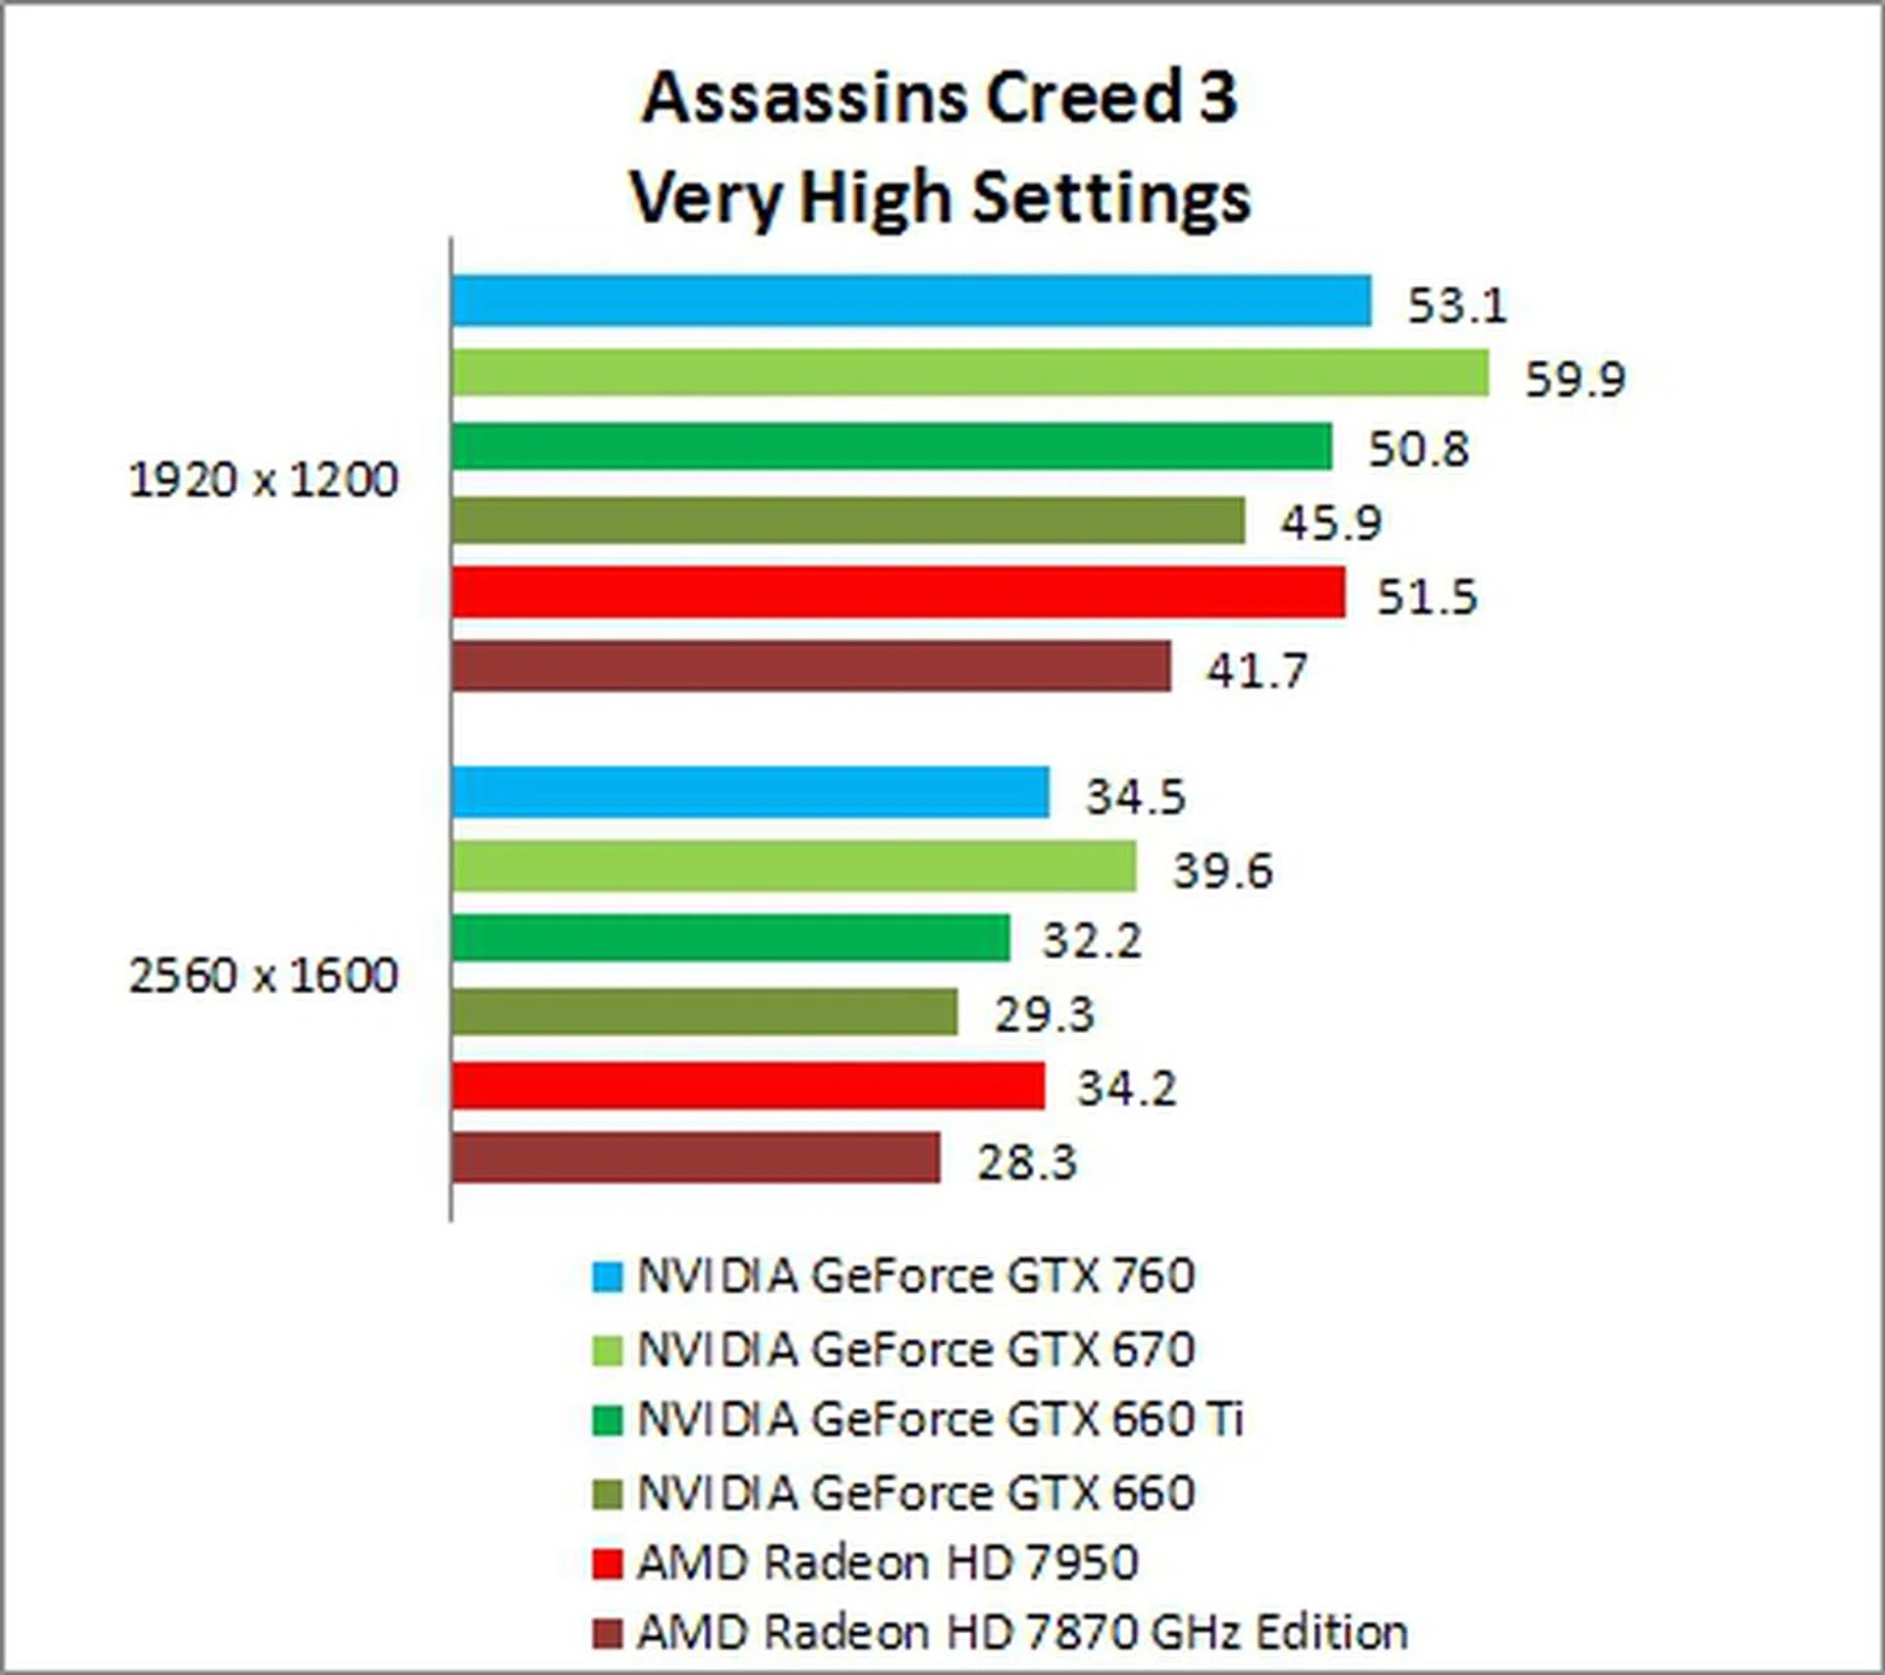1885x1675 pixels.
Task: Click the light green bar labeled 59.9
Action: [970, 374]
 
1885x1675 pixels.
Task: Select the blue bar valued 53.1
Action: [911, 300]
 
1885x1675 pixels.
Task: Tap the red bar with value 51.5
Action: [898, 593]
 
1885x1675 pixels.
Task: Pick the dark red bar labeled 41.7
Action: [811, 668]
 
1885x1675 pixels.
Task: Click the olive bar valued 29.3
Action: [705, 1011]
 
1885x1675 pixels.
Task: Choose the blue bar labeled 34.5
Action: [751, 792]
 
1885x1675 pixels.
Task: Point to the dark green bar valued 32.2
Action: [731, 938]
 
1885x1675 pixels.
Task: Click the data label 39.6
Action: [1223, 870]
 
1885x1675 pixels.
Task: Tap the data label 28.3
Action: [1027, 1162]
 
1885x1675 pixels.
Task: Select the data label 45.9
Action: [1331, 522]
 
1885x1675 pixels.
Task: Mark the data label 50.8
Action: [1419, 449]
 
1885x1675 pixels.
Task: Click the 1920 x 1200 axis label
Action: [263, 481]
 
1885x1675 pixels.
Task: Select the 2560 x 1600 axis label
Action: [263, 976]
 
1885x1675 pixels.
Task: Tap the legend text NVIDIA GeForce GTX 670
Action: [916, 1349]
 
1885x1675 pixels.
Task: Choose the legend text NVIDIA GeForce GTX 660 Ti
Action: [941, 1420]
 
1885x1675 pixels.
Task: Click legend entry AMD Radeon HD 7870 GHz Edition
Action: [1022, 1634]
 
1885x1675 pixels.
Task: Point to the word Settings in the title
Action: [1111, 197]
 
